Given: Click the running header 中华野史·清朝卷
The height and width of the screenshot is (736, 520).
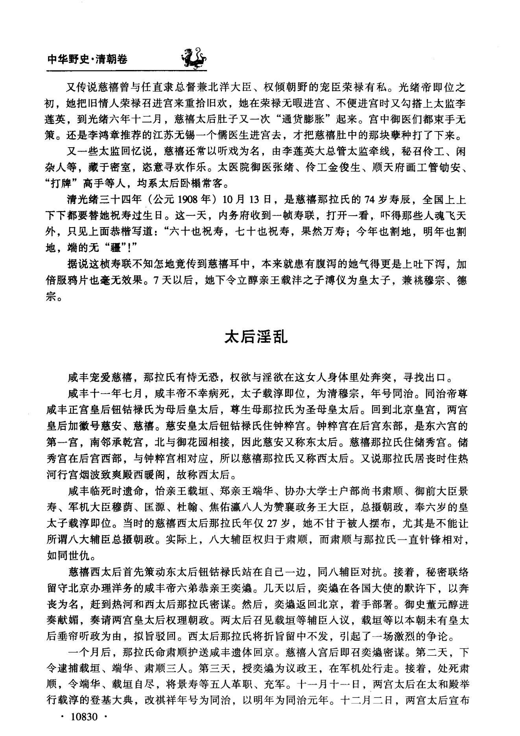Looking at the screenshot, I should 87,59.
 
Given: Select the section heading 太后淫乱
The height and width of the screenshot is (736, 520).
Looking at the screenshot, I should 256,337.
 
